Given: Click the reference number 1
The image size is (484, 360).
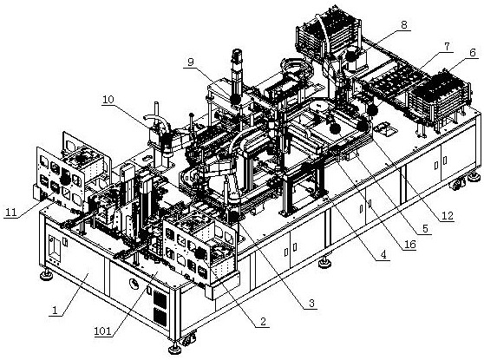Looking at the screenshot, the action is (55, 310).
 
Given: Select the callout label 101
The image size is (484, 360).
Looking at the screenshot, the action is (103, 331).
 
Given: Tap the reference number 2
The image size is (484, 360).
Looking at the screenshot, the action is (263, 322).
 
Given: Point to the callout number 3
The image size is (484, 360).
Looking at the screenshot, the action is (311, 304).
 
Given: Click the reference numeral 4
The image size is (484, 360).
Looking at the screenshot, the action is (383, 255).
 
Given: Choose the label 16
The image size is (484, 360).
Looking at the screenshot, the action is (410, 245).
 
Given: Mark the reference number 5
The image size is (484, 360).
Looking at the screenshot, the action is (426, 229).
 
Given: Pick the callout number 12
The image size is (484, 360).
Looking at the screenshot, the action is (447, 215).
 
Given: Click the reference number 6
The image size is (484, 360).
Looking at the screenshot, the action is (473, 52).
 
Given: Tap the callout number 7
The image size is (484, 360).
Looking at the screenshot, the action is (447, 47).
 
